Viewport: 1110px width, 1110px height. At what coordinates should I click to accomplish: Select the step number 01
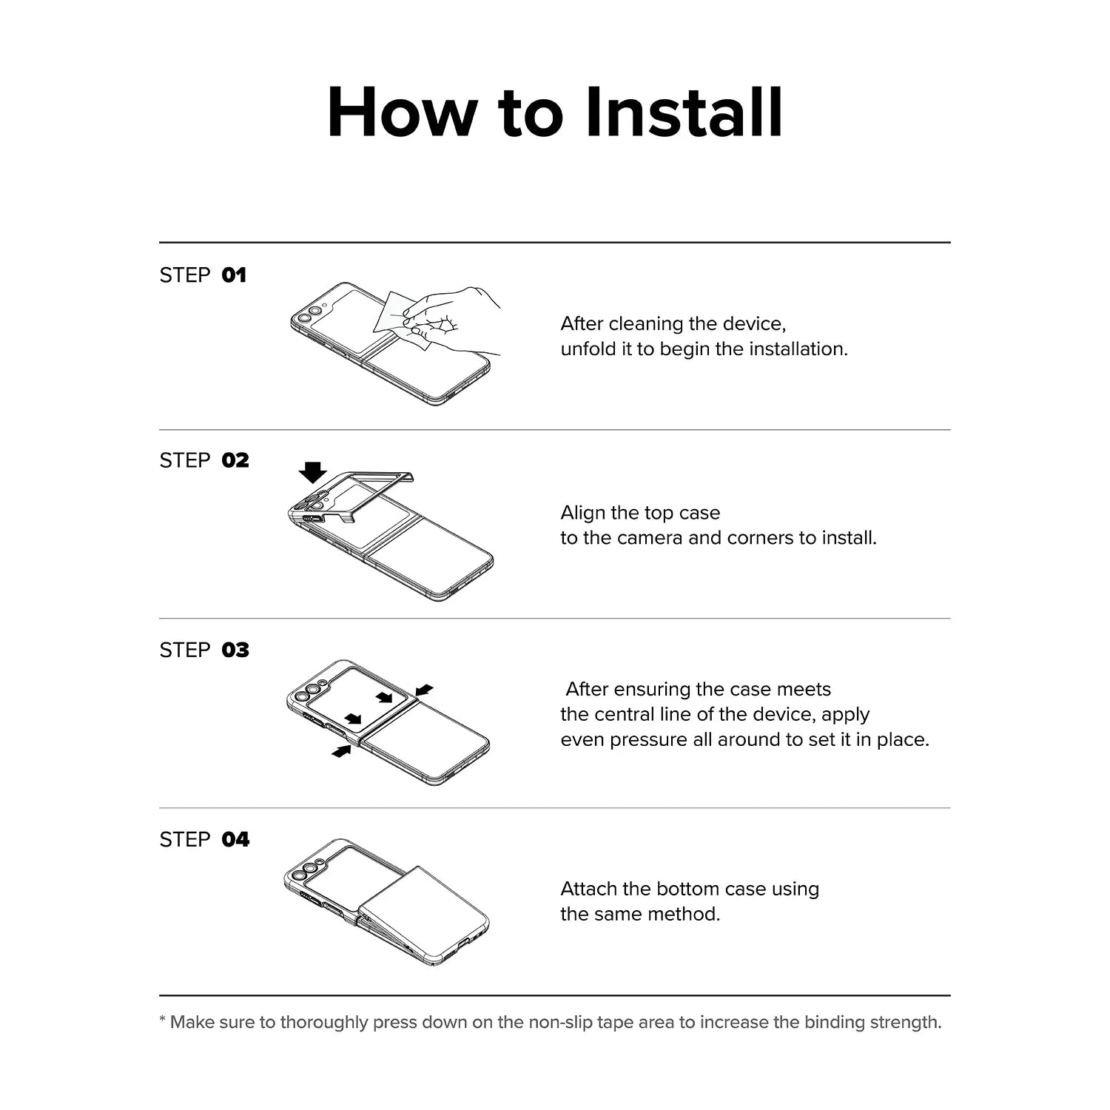pos(234,275)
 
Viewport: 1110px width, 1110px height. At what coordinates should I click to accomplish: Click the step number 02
pos(235,460)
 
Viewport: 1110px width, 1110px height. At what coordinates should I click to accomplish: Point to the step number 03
pos(235,650)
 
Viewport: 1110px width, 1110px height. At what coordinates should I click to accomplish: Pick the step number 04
pos(235,839)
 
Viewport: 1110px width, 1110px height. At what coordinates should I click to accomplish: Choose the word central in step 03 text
pos(622,714)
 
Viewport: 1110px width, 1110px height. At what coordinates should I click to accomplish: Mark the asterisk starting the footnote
pos(162,1020)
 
